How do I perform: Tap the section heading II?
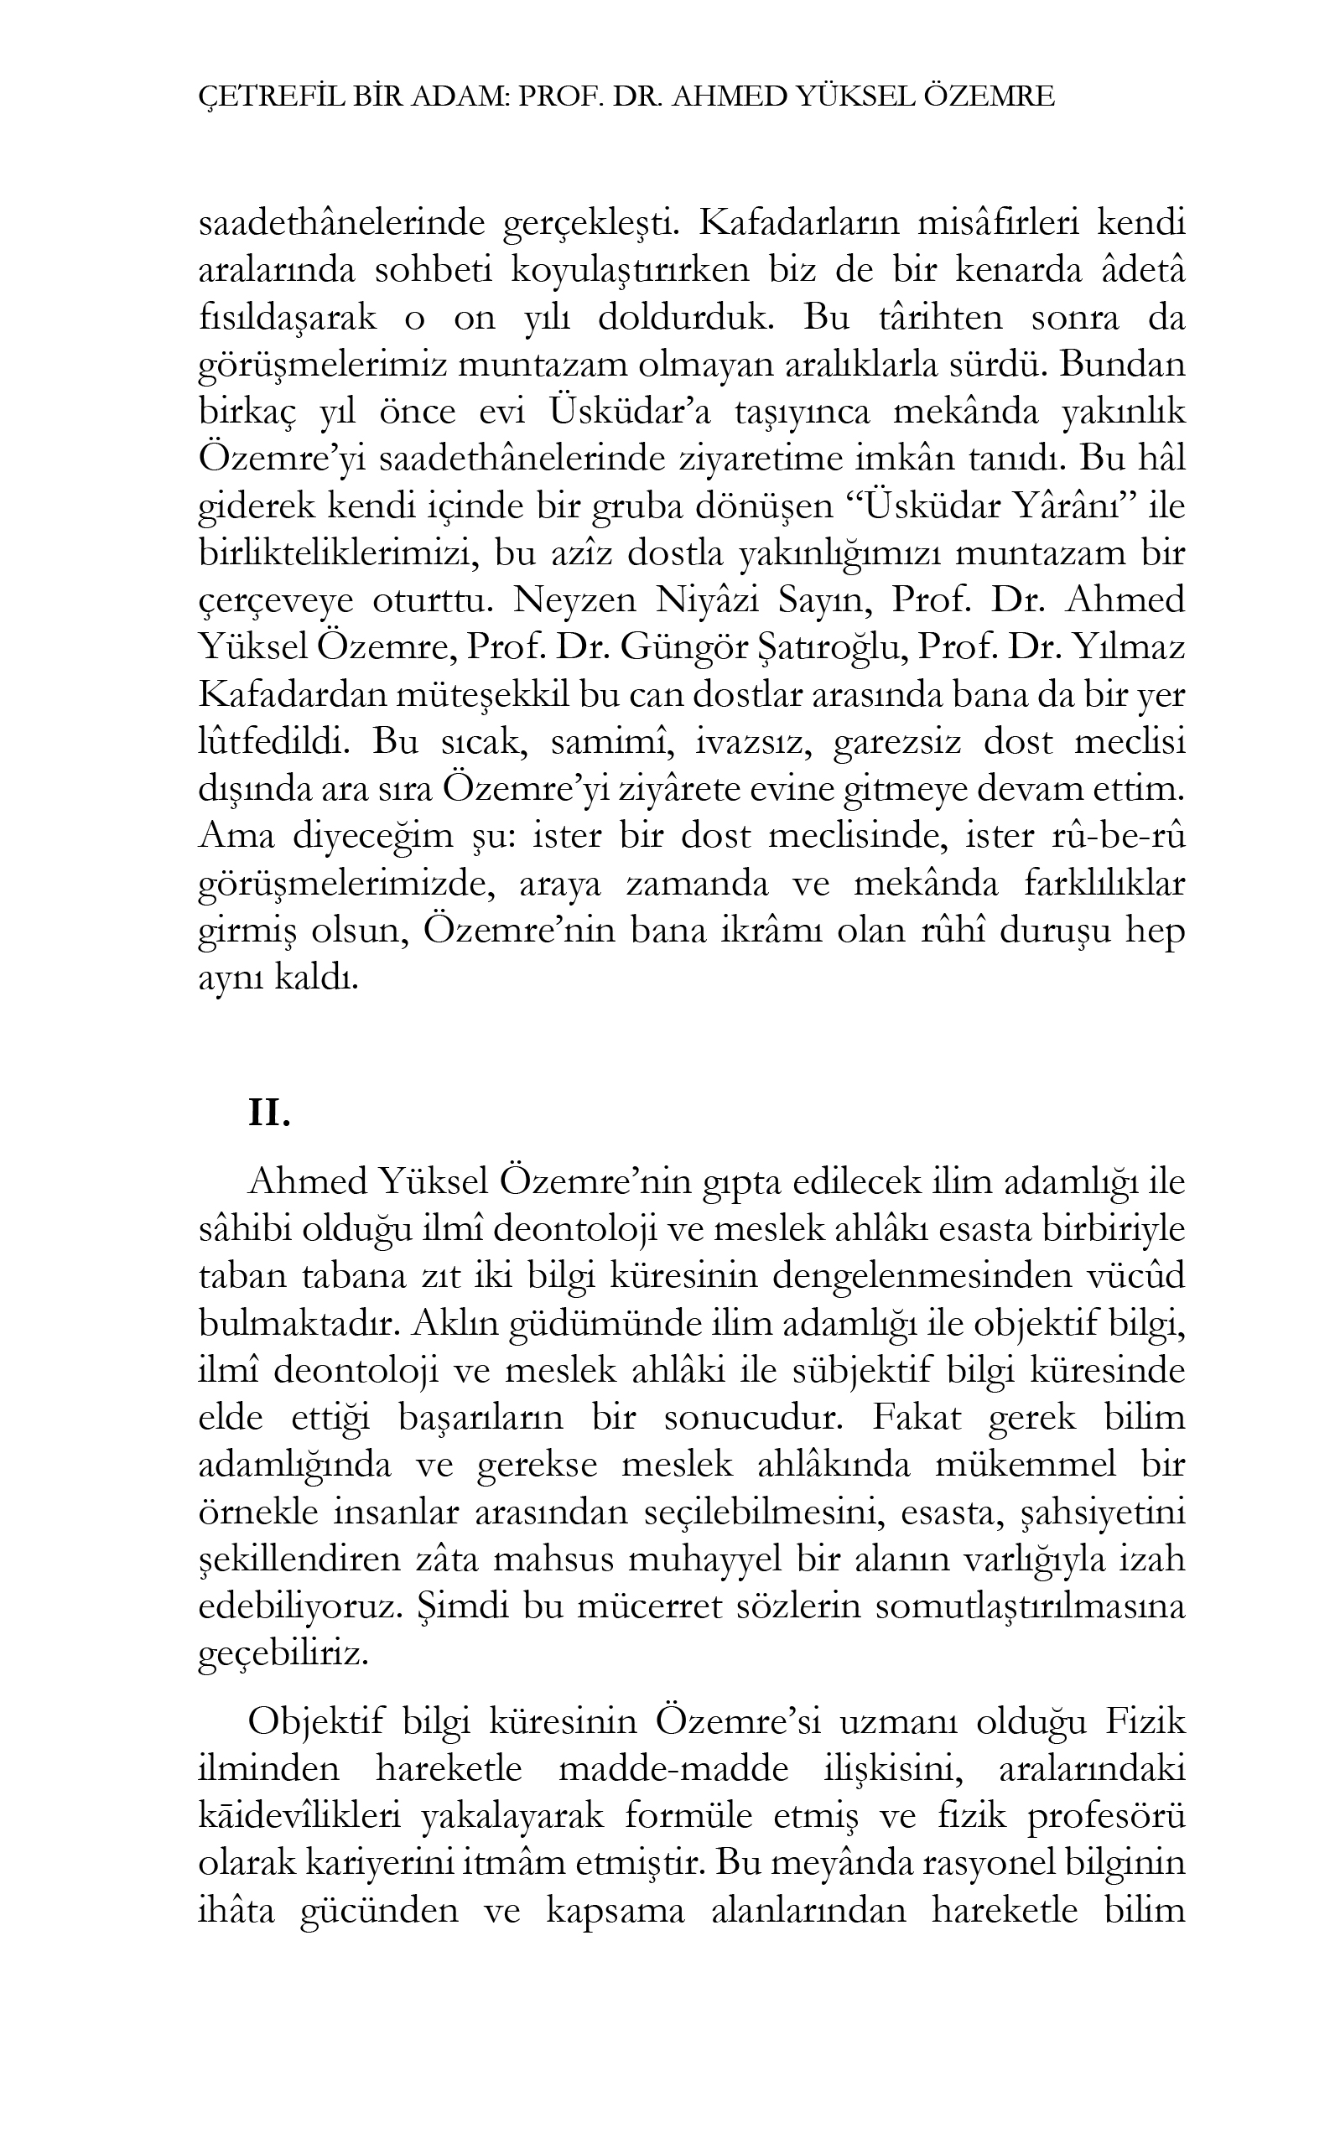tap(268, 1114)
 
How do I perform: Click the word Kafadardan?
tap(294, 696)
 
